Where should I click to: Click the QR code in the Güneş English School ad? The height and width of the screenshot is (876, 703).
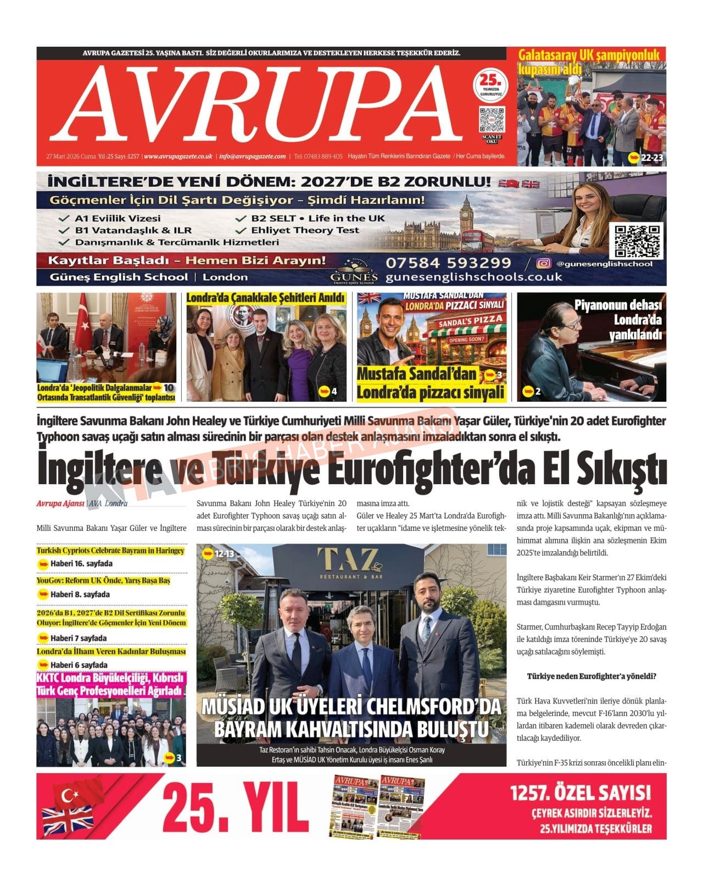pos(637,240)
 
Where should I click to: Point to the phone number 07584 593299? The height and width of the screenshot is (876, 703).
pos(448,263)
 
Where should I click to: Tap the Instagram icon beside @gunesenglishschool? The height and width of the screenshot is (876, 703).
pos(543,264)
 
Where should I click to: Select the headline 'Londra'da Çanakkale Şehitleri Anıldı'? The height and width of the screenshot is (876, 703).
pos(266,298)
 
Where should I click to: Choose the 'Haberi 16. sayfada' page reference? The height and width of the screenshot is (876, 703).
pos(81,563)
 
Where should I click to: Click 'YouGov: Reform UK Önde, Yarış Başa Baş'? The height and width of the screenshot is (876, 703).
pos(103,580)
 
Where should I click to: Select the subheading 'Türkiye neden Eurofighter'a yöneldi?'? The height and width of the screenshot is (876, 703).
pos(592,676)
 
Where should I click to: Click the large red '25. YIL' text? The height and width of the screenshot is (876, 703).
pos(236,807)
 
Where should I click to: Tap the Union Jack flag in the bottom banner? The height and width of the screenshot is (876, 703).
pos(68,822)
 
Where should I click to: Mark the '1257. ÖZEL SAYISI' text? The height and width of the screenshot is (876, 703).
pos(580,793)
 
